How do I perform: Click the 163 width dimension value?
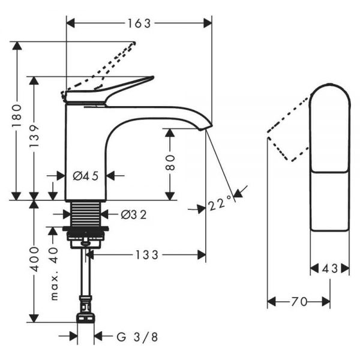click(139, 23)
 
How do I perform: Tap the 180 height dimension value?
click(17, 115)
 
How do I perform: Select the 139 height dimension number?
click(34, 136)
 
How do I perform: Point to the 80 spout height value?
click(170, 163)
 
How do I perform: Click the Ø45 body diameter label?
click(86, 176)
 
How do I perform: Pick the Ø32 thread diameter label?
click(134, 215)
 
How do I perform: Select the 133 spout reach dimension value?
click(147, 255)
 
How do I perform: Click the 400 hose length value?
click(35, 259)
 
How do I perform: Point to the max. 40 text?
click(54, 274)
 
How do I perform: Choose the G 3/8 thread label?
click(137, 337)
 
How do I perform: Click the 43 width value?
click(329, 268)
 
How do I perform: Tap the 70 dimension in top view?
click(299, 301)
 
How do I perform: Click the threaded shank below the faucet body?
click(86, 214)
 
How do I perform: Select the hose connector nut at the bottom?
click(85, 318)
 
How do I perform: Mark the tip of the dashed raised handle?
click(134, 43)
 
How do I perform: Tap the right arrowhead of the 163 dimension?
click(208, 23)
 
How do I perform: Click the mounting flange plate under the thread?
click(86, 229)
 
